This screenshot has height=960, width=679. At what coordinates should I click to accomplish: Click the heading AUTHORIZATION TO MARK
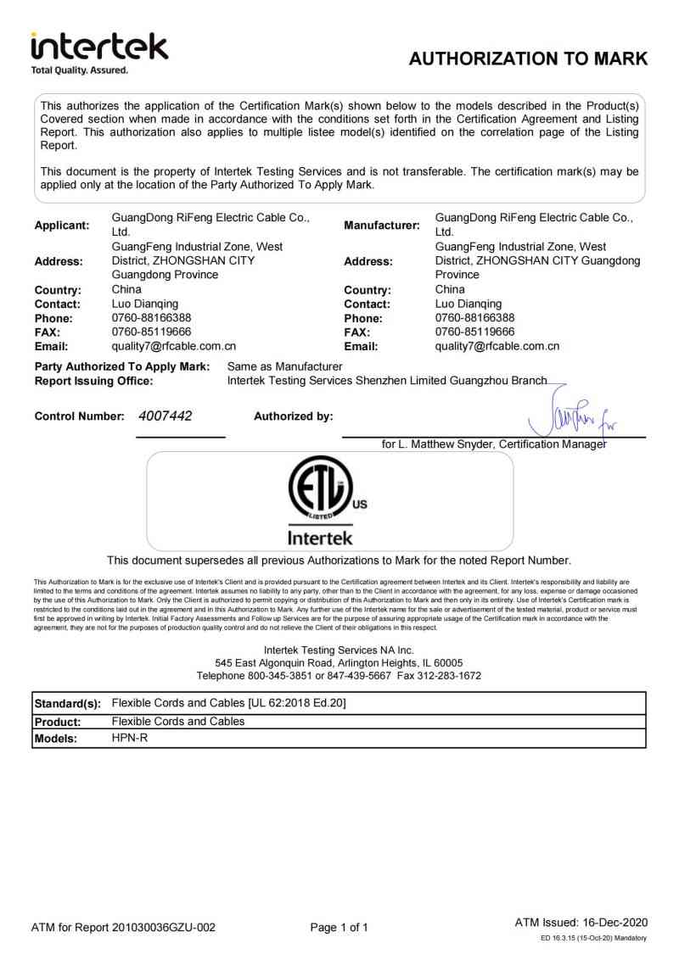[x=528, y=59]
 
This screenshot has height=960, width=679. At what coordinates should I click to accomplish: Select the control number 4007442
[x=165, y=416]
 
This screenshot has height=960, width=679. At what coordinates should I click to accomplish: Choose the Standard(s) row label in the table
[x=67, y=704]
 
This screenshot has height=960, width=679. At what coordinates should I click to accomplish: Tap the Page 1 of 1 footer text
[x=339, y=928]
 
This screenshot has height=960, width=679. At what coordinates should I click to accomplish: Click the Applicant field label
[x=62, y=226]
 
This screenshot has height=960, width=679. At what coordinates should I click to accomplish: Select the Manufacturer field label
[x=382, y=226]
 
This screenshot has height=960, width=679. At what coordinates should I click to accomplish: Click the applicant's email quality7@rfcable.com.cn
[x=174, y=346]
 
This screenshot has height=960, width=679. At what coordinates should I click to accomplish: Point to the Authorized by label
[x=294, y=416]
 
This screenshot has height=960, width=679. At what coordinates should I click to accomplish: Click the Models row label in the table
[x=55, y=739]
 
